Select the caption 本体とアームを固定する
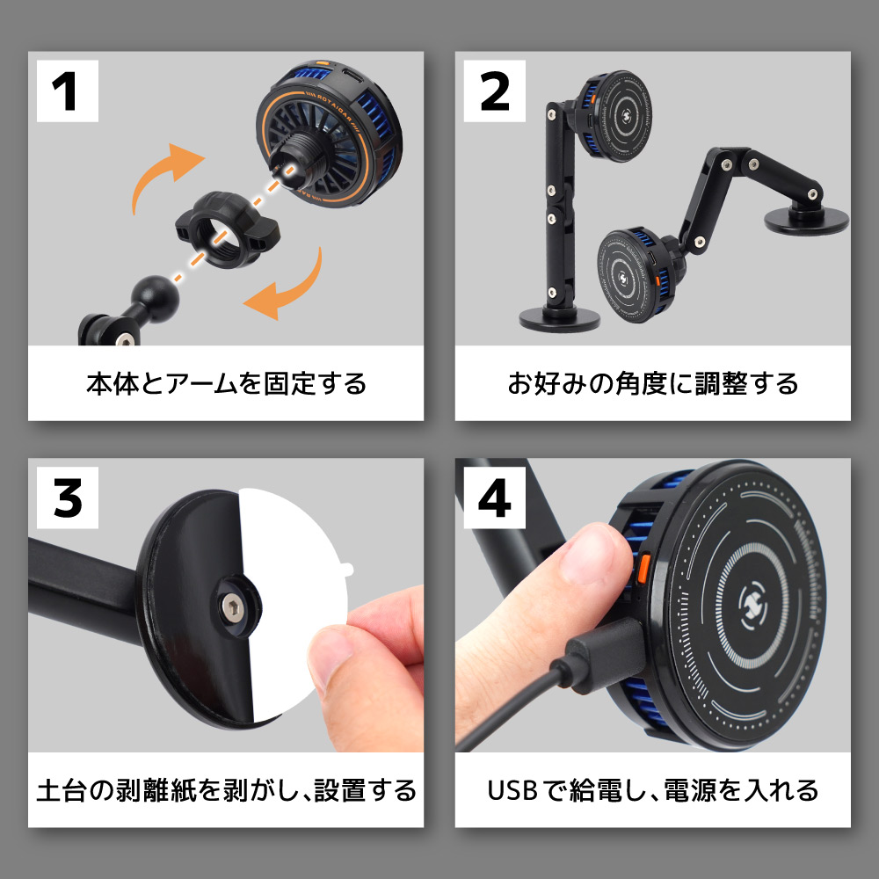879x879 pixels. [x=226, y=384]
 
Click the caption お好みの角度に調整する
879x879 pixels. [x=652, y=384]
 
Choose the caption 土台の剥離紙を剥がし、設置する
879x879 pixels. [x=226, y=789]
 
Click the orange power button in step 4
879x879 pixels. [x=643, y=567]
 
